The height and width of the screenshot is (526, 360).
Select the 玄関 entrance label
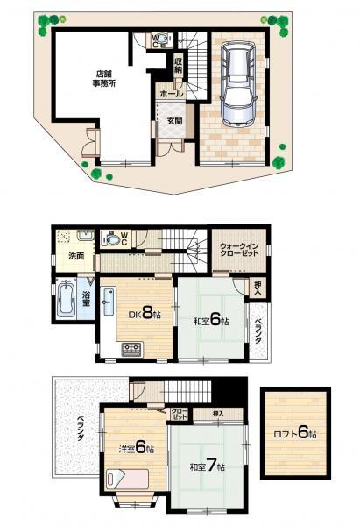point(170,123)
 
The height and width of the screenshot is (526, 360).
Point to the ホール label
point(171,93)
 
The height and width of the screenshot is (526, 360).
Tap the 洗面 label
point(76,257)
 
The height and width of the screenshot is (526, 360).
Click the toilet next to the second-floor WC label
point(110,238)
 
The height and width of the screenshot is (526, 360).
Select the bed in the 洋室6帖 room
point(127,480)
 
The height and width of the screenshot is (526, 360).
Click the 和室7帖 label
point(207,465)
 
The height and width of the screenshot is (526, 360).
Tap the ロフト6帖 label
point(295,433)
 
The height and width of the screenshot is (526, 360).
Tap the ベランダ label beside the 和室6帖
point(257,334)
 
